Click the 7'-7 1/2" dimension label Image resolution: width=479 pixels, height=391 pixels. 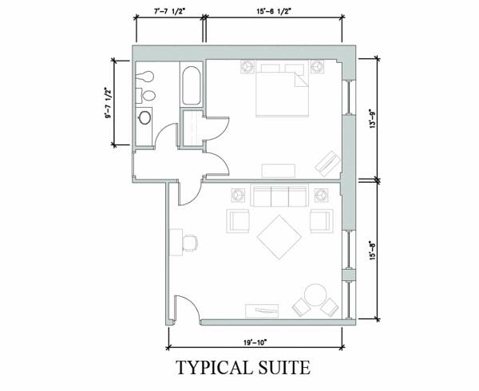[169, 12]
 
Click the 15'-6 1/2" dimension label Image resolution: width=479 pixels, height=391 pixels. [273, 12]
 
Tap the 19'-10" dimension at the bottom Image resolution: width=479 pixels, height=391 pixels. [255, 342]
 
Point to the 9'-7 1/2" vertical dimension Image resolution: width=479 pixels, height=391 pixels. [108, 103]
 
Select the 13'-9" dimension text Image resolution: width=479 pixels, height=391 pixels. [372, 118]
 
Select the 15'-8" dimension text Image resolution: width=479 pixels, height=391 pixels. [372, 251]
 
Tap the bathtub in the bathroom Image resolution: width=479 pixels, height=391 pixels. [192, 85]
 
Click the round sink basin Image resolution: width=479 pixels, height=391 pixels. [144, 117]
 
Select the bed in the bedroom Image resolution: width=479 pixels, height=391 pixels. [282, 89]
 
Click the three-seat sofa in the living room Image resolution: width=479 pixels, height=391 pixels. [280, 195]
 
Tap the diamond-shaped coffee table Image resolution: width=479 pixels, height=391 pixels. [279, 237]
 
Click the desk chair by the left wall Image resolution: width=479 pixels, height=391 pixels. [190, 243]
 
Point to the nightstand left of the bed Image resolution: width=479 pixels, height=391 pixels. [247, 66]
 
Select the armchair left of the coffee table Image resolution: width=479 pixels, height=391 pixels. [238, 221]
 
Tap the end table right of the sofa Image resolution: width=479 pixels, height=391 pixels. [321, 195]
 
